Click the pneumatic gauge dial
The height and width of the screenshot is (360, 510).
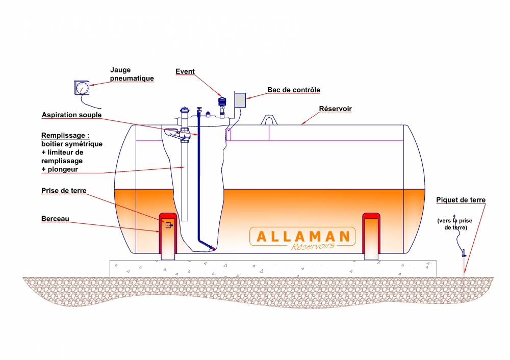coord(82,88)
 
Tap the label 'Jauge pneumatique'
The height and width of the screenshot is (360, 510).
coord(132,74)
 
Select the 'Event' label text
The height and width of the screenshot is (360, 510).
coord(185,71)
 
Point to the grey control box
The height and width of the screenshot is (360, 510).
coord(240,100)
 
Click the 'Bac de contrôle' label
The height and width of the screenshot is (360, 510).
coord(293,90)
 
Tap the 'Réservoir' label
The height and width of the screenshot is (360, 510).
coord(336,109)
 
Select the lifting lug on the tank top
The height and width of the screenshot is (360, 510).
coord(269,120)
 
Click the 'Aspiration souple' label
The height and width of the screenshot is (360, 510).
coord(71,115)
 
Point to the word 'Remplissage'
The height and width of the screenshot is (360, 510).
coord(63,136)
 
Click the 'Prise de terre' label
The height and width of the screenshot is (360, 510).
coord(64,191)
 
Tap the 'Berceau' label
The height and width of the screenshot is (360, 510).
coord(55,219)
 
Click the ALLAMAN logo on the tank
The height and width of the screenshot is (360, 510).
coord(302,237)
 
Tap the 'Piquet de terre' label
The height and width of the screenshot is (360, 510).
coord(461,200)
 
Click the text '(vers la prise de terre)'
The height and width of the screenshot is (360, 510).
coord(455,224)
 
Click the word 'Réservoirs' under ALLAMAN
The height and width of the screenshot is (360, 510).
coord(313,246)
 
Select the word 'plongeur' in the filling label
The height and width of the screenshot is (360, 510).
coord(63,169)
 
